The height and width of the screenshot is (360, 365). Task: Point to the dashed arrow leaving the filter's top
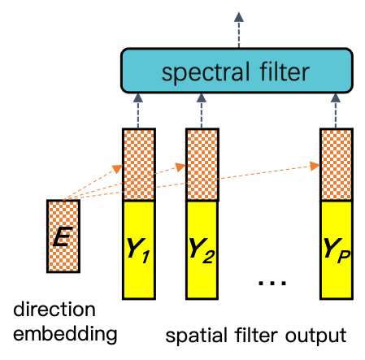(238, 30)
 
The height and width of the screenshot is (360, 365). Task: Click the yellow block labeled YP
(336, 276)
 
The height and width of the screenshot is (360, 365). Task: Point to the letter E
(63, 237)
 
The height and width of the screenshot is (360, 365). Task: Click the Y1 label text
(138, 248)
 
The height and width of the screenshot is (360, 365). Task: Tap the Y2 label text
(202, 248)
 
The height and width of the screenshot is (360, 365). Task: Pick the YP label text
(336, 248)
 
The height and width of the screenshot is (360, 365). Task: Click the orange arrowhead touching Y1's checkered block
(119, 169)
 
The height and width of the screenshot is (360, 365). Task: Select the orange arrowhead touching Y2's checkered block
(183, 167)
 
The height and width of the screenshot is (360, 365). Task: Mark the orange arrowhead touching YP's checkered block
(316, 166)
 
